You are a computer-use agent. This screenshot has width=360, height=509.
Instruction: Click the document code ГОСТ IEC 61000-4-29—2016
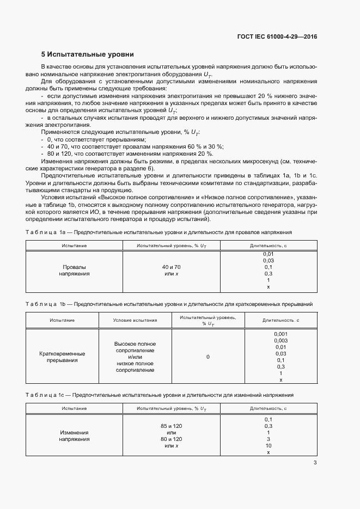coord(277,37)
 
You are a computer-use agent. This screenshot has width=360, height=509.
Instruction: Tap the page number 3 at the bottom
coord(315,463)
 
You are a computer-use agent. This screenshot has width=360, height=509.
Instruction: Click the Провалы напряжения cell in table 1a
coord(74,271)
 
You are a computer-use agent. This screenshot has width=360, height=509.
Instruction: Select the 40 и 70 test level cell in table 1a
coord(171,267)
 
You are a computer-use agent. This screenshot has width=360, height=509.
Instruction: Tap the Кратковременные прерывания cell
coord(62,357)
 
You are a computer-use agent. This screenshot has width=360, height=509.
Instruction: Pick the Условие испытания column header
coord(135,320)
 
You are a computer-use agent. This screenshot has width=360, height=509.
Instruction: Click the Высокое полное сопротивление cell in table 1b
coord(135,347)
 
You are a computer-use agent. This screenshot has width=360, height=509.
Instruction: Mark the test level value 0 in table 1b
coord(208,357)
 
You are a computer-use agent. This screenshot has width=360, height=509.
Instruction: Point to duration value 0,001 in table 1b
coord(280,334)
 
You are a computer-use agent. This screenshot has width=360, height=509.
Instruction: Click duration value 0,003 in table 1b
coord(280,340)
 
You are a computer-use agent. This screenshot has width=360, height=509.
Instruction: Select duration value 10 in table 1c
coord(269,446)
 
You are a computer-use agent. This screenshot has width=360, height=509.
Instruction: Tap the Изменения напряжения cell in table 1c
coord(74,436)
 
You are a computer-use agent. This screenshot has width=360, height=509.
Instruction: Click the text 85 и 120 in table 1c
coord(171,425)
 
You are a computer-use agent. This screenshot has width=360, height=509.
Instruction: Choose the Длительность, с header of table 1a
coord(269,246)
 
